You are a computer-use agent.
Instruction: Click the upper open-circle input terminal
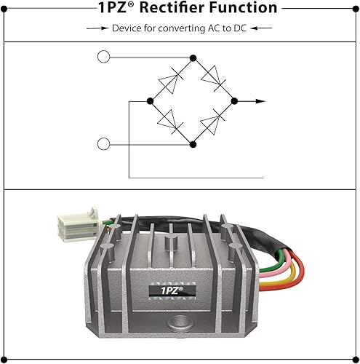point(103,57)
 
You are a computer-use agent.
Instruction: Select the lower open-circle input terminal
point(103,144)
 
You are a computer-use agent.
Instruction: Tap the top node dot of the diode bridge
point(193,57)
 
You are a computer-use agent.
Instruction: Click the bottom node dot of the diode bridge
point(193,144)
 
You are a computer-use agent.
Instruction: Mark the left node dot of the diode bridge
point(150,100)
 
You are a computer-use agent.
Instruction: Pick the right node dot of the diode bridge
point(236,100)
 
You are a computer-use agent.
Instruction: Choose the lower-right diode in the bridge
point(215,122)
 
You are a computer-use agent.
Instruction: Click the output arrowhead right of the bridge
point(261,100)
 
